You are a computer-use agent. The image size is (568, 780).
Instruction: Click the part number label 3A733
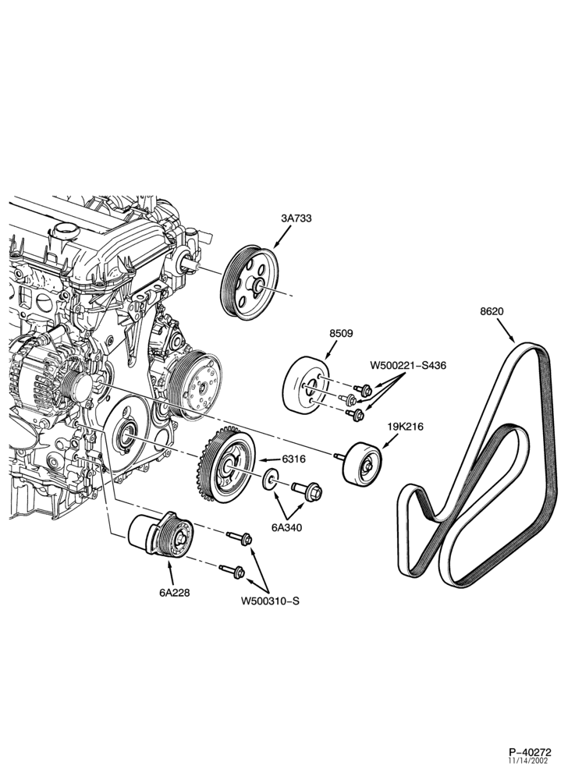pos(296,218)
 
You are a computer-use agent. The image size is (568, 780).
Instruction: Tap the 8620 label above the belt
pos(492,312)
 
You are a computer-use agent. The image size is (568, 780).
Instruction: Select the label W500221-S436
pos(408,366)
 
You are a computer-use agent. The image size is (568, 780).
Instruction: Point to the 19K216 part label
pos(406,427)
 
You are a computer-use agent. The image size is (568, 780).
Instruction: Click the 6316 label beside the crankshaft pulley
pos(293,459)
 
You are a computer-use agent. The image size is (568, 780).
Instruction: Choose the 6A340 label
pos(286,527)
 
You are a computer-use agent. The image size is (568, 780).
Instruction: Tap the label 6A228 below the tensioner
pos(175,593)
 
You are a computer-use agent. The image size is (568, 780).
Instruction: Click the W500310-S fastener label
pos(270,601)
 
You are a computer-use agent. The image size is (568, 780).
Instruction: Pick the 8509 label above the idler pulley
pos(341,333)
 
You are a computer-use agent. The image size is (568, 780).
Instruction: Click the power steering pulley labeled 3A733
pos(249,284)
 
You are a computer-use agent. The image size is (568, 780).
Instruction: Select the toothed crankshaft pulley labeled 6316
pos(224,466)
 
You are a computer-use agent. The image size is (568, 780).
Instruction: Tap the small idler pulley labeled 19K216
pos(361,463)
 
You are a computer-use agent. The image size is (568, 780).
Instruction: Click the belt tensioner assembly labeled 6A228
pos(162,535)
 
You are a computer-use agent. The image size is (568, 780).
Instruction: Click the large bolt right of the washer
pos(307,490)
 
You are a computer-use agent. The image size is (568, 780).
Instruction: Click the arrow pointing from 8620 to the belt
pos(506,331)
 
